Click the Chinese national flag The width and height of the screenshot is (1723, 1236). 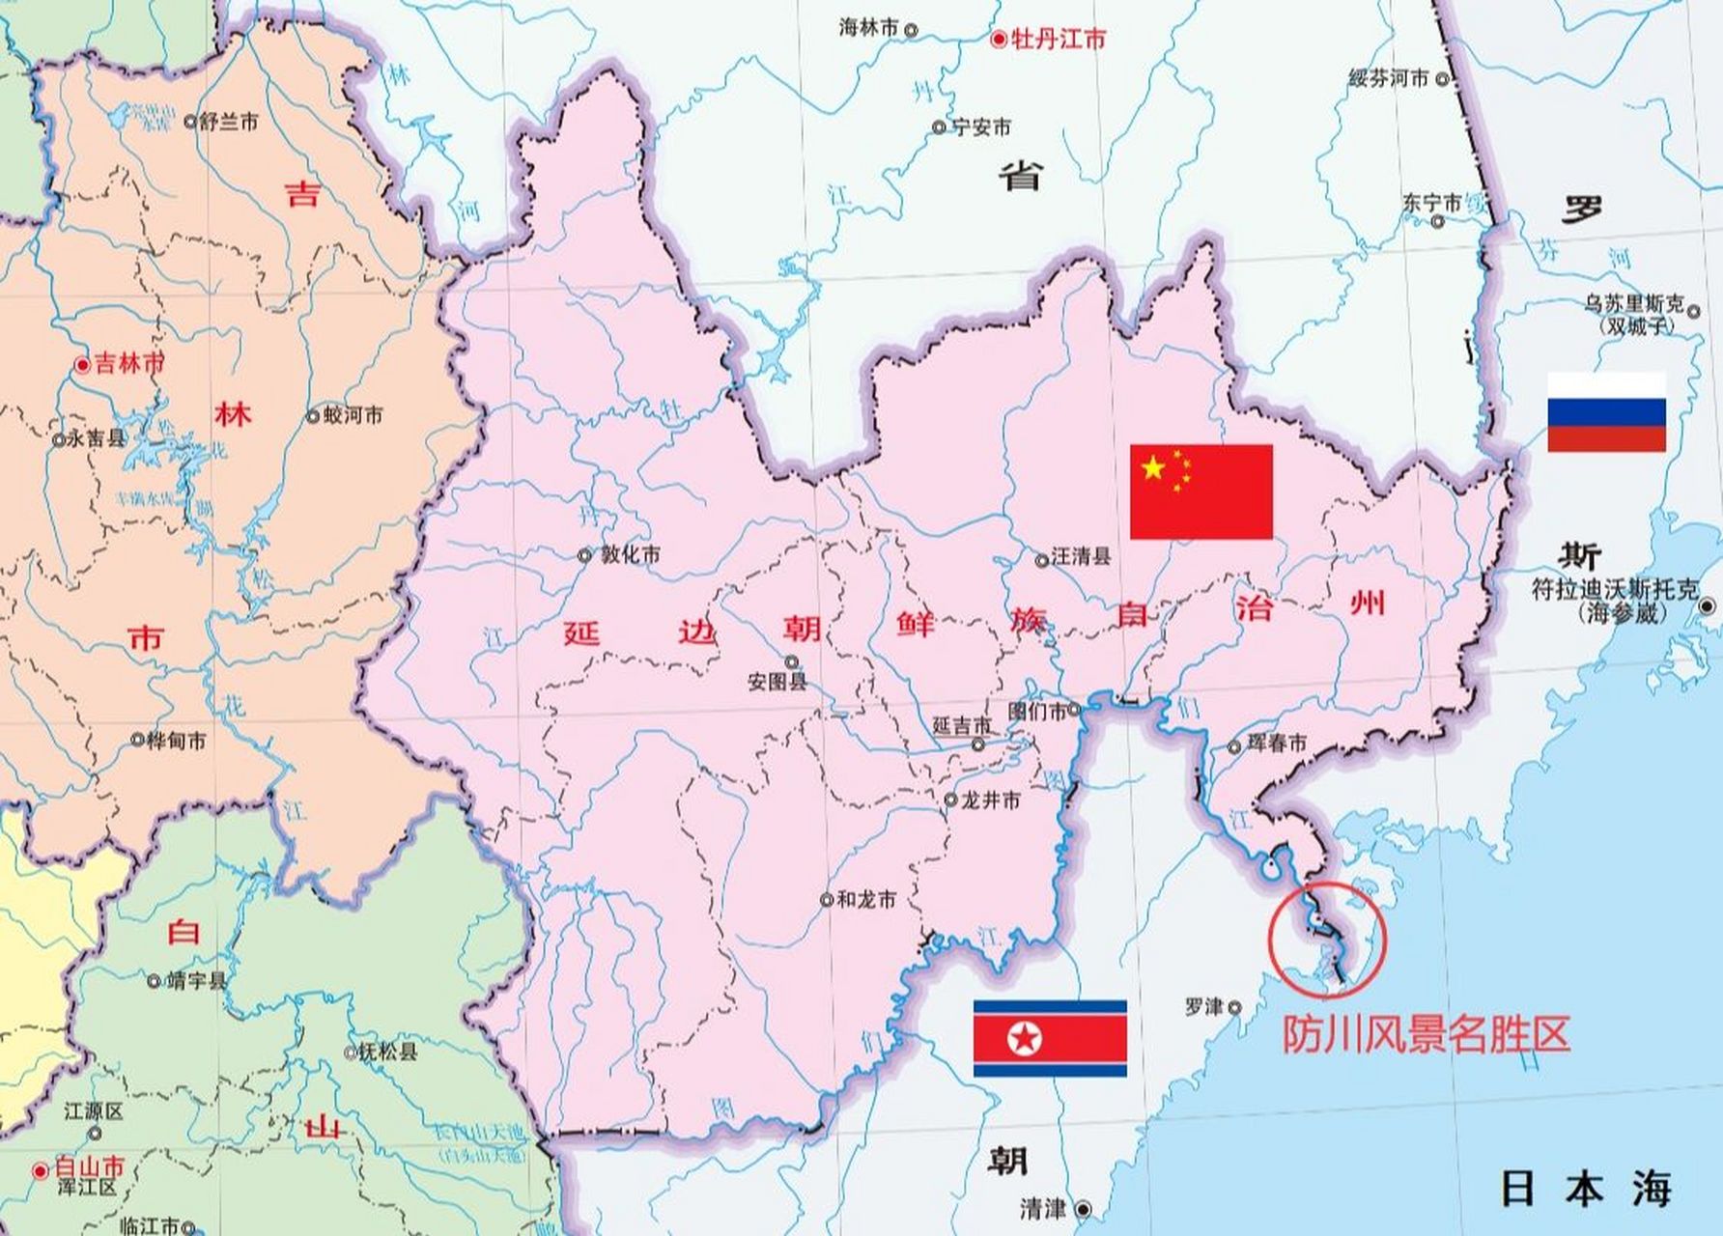(1200, 492)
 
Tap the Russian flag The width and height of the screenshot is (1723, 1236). (1606, 412)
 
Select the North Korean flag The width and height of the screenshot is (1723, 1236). (1050, 1038)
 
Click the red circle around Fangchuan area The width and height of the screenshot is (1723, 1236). (1328, 939)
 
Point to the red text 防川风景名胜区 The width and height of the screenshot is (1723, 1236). (1426, 1034)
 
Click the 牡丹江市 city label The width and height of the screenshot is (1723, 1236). (1058, 40)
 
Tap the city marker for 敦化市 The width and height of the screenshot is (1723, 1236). (584, 555)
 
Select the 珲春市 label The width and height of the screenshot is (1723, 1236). (1277, 743)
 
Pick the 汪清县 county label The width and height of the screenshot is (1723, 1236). (1081, 557)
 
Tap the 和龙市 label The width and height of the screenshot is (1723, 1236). (865, 899)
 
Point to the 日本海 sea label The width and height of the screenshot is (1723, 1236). (1586, 1189)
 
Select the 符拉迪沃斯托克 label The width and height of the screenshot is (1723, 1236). (1614, 589)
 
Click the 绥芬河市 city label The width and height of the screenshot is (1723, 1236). (1388, 79)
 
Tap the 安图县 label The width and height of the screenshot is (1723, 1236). (777, 682)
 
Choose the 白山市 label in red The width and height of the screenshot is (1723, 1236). (89, 1166)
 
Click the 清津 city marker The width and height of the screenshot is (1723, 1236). (1084, 1209)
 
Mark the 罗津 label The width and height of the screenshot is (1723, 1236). (1203, 1006)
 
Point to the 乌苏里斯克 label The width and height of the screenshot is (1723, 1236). (1633, 305)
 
